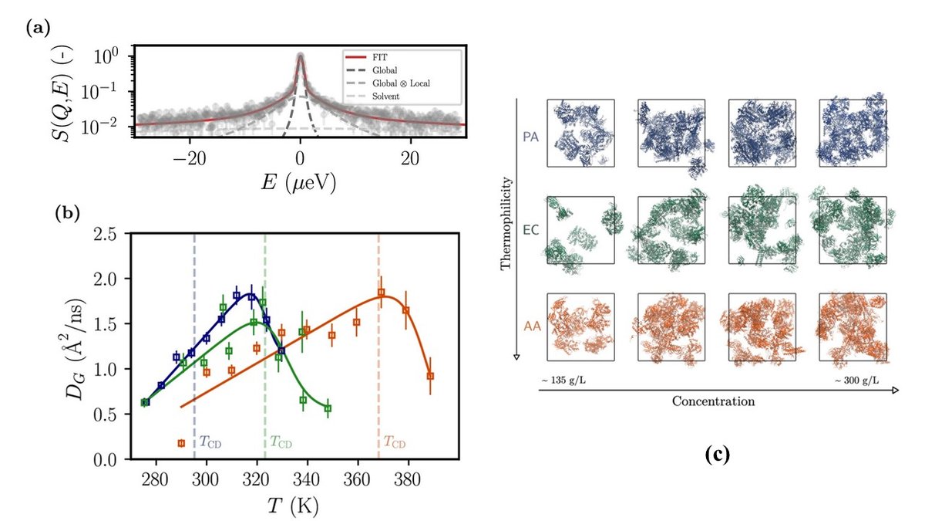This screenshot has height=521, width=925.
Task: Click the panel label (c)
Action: click(718, 455)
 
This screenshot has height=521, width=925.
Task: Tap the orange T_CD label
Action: click(394, 443)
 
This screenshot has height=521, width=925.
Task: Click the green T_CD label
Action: click(281, 443)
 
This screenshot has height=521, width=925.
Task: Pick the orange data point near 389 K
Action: click(430, 376)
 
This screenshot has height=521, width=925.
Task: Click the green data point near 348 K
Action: click(328, 408)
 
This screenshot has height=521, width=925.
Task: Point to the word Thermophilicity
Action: click(506, 225)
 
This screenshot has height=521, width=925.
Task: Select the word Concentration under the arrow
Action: click(713, 401)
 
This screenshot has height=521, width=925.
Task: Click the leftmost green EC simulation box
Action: click(580, 230)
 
